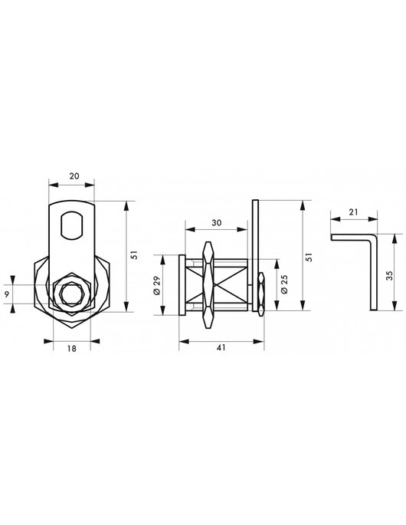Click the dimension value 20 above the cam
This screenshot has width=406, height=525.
point(74,176)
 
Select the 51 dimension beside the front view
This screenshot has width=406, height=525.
point(133,256)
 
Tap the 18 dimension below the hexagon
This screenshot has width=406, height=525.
point(71,347)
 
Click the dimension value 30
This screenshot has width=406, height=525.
point(218,223)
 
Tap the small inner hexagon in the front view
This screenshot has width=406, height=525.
point(71,292)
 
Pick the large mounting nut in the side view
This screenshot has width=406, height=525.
point(208,284)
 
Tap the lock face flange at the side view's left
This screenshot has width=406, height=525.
point(182,284)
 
